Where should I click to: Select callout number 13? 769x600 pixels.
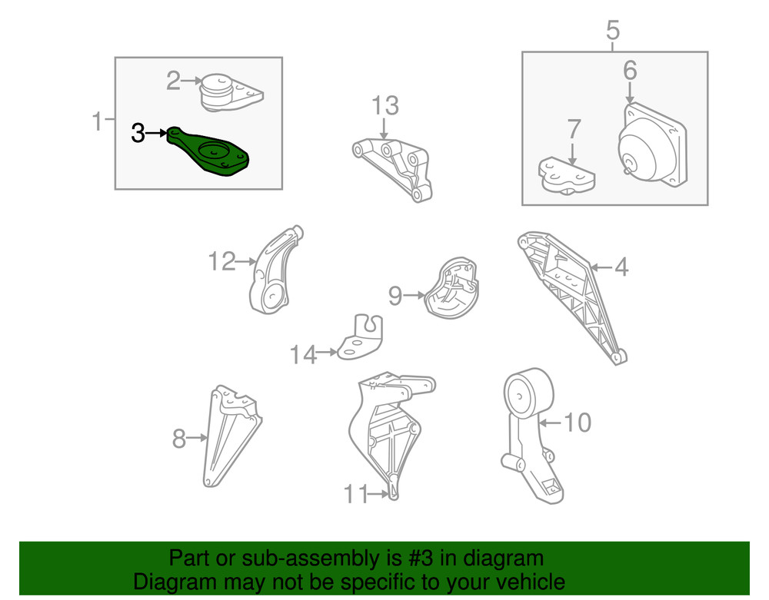(385, 106)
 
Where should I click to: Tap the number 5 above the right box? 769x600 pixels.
(613, 30)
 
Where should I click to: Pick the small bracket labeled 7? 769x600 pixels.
(567, 175)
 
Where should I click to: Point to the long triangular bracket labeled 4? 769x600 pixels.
(572, 295)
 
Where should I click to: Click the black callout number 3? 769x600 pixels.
(138, 133)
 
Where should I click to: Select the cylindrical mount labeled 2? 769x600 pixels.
(231, 93)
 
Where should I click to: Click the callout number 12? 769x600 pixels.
(222, 261)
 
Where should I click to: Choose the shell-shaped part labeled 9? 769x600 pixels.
(451, 289)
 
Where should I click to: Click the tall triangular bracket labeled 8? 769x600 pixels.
(231, 436)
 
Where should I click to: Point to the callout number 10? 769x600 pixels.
(578, 423)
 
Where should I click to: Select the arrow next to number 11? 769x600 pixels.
(378, 494)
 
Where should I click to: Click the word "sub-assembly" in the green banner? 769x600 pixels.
(322, 558)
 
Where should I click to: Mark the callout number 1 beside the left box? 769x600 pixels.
(98, 121)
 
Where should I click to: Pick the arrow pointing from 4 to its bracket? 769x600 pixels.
(601, 267)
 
